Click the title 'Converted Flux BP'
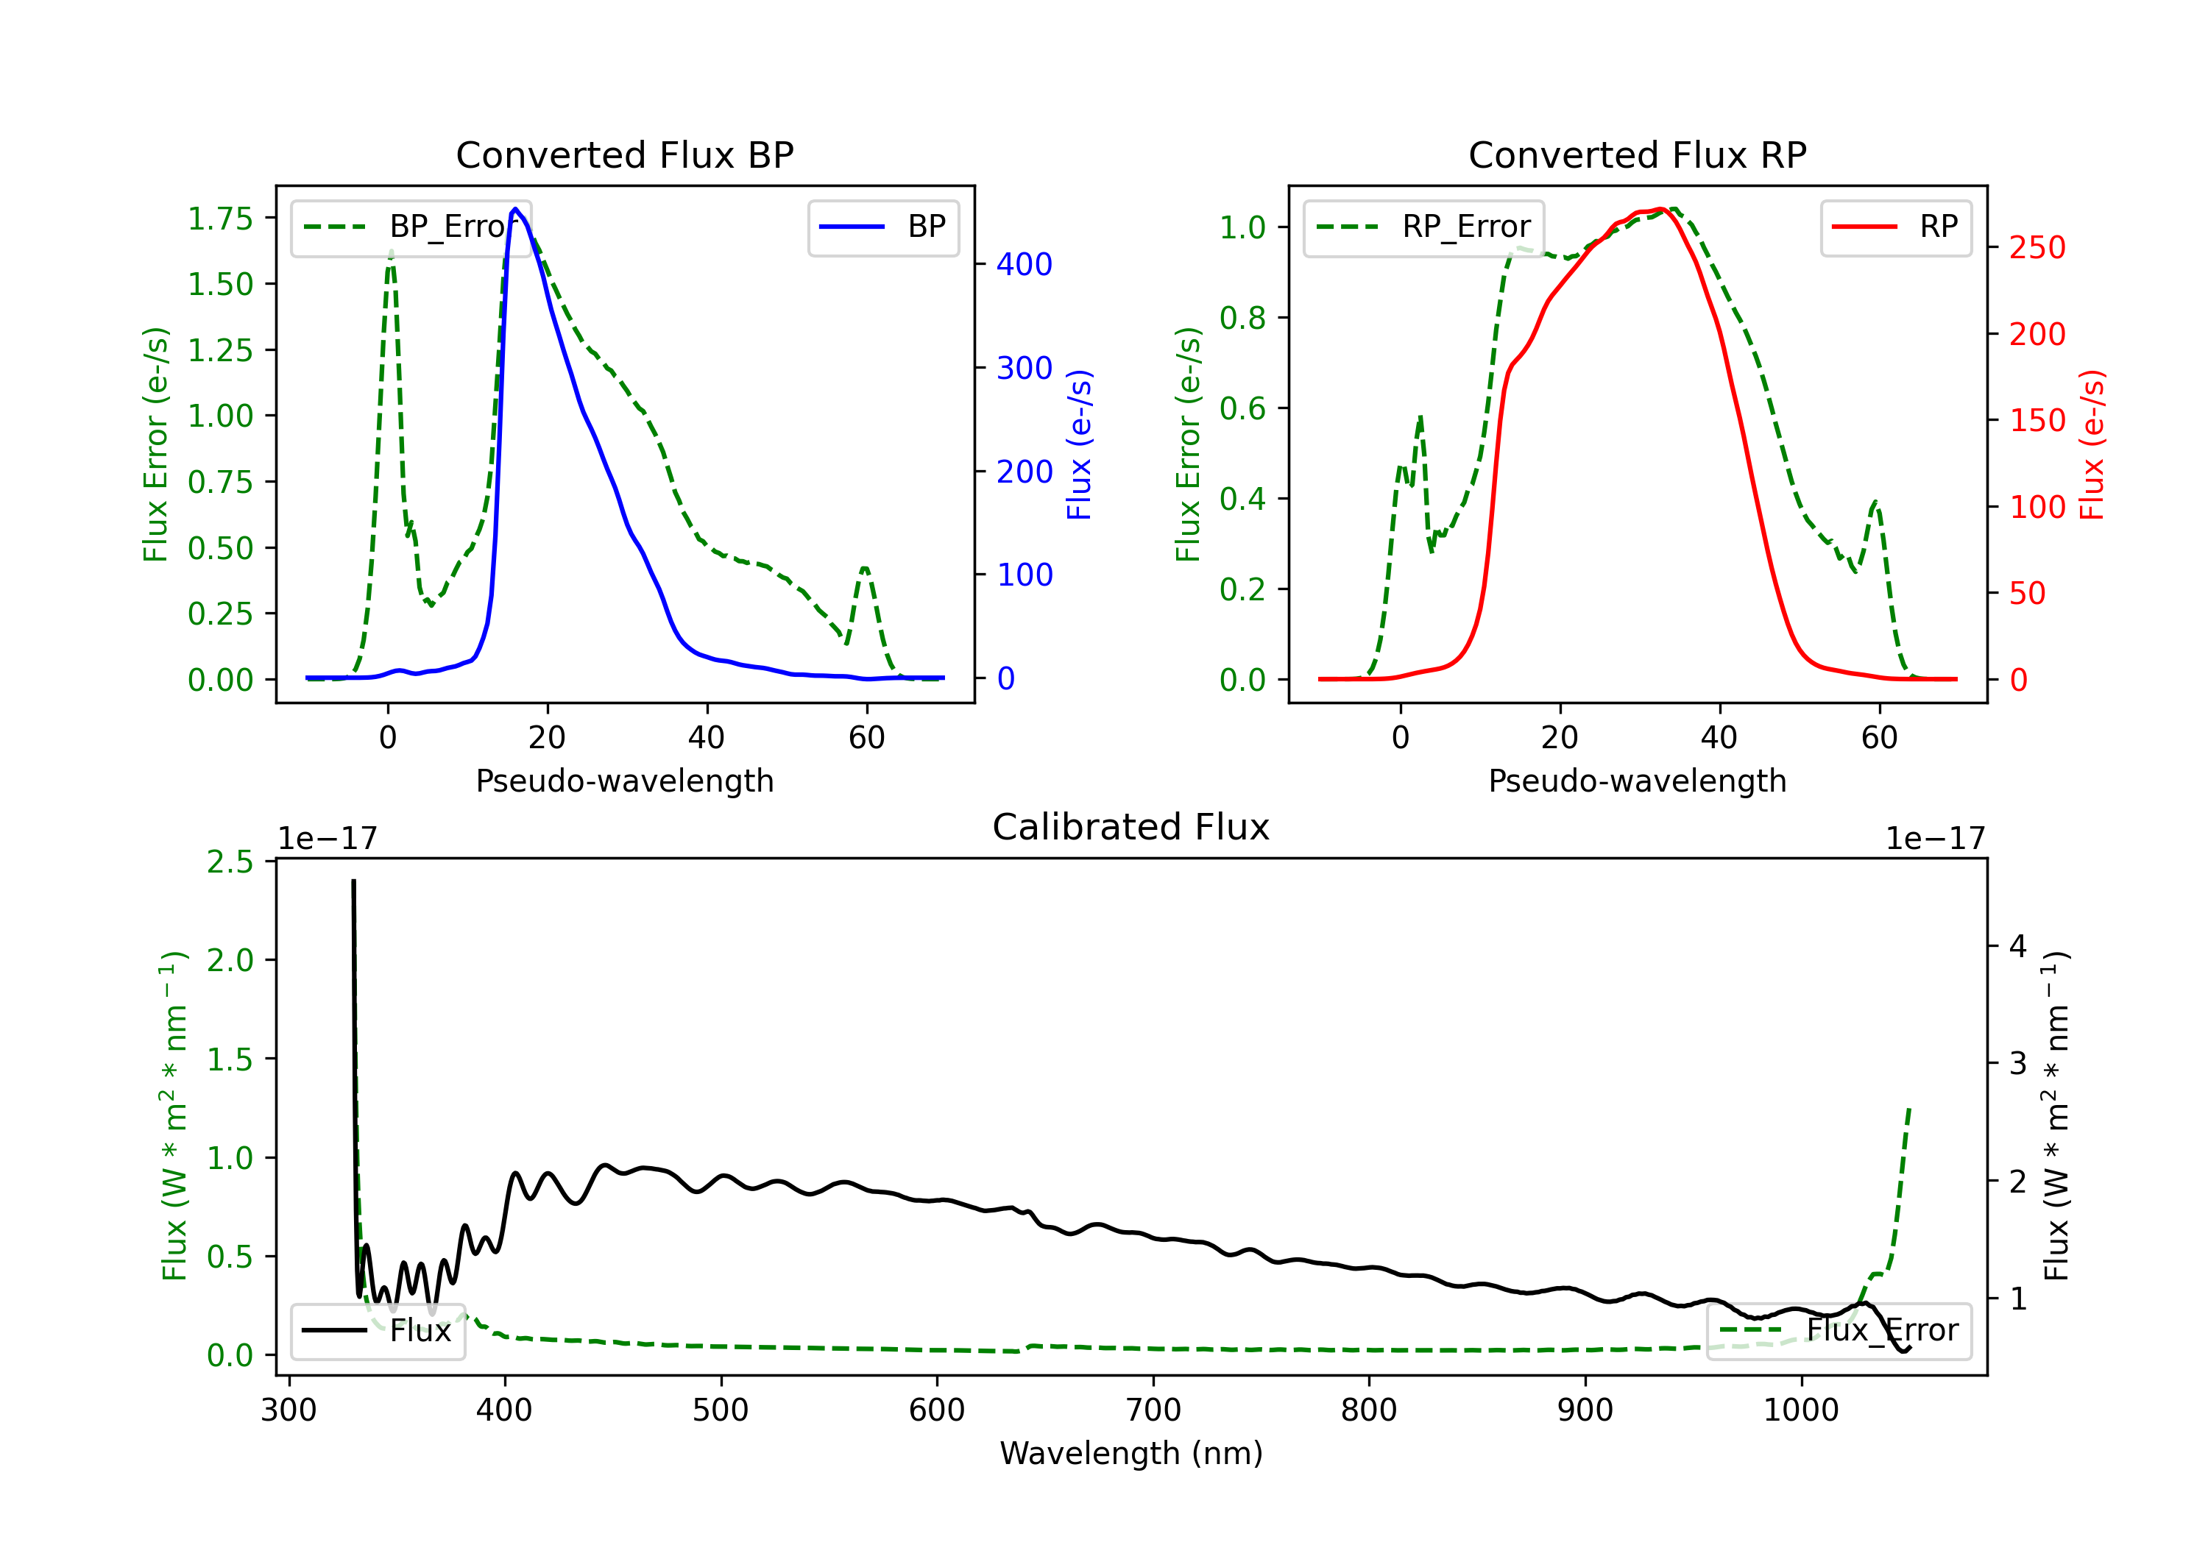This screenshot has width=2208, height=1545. [x=625, y=154]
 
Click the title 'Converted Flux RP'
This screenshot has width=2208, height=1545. [x=1638, y=154]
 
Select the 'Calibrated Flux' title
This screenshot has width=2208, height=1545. [x=1131, y=827]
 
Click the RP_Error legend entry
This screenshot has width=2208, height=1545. [x=1423, y=227]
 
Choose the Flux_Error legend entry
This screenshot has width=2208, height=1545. [x=1838, y=1331]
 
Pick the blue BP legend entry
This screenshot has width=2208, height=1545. [x=882, y=227]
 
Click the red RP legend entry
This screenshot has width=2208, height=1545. [x=1894, y=227]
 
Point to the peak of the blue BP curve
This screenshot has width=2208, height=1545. [x=515, y=209]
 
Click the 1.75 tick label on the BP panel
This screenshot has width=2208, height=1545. [x=220, y=219]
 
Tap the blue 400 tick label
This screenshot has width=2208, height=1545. [x=1025, y=264]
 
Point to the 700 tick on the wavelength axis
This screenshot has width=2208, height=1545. [x=1153, y=1410]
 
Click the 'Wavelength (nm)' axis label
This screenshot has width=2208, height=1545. [x=1131, y=1453]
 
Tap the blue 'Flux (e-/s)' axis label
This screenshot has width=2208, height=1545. [x=1080, y=444]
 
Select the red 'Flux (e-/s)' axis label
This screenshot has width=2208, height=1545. [x=2092, y=444]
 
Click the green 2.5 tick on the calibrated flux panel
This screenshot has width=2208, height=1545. [x=230, y=862]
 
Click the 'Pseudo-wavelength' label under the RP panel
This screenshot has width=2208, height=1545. [x=1638, y=781]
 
